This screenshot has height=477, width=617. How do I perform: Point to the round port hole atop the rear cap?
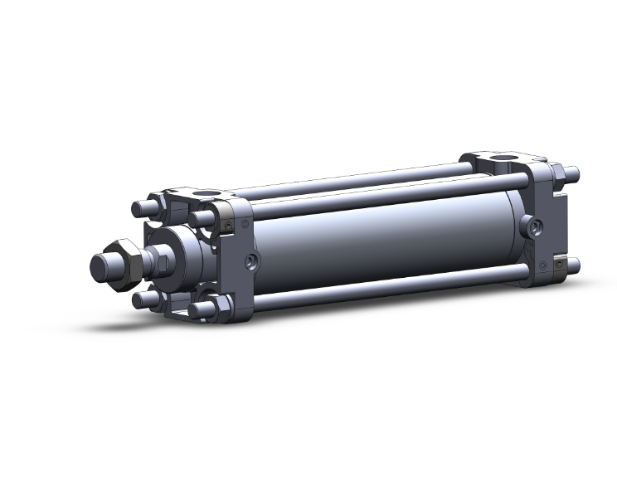coord(505,156)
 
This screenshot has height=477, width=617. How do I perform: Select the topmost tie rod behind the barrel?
coord(348,178)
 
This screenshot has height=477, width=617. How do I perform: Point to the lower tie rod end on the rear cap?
coord(572,266)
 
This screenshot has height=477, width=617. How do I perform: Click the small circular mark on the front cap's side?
coord(243,224)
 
